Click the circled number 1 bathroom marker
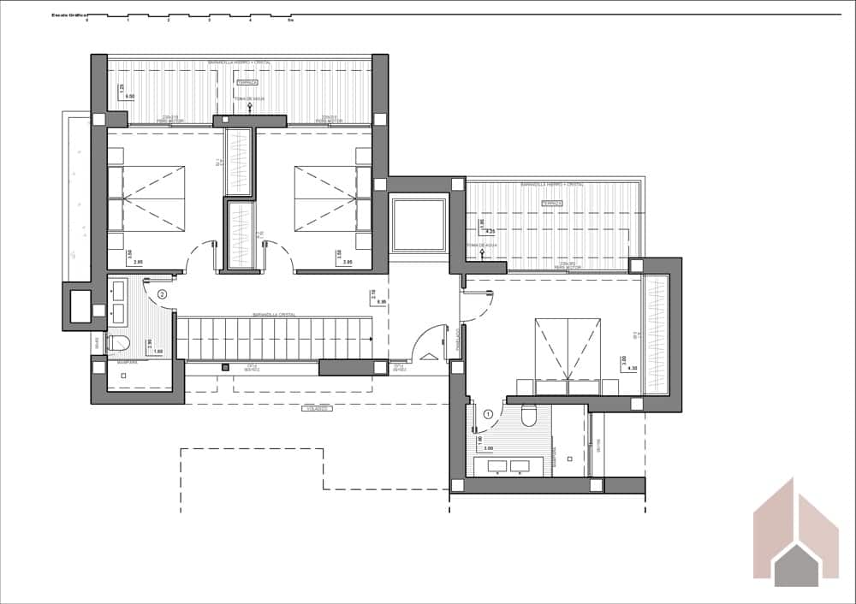pyautogui.click(x=488, y=414)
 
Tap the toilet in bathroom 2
pyautogui.click(x=119, y=344)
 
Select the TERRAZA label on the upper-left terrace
pyautogui.click(x=247, y=83)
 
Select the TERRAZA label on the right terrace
pyautogui.click(x=552, y=203)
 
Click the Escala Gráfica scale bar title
pyautogui.click(x=69, y=15)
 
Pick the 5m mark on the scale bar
pyautogui.click(x=291, y=20)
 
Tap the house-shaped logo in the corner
pyautogui.click(x=797, y=535)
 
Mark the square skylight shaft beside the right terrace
pyautogui.click(x=418, y=223)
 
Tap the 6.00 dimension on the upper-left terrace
pyautogui.click(x=130, y=97)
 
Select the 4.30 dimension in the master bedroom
pyautogui.click(x=633, y=369)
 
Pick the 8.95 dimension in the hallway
pyautogui.click(x=382, y=302)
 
